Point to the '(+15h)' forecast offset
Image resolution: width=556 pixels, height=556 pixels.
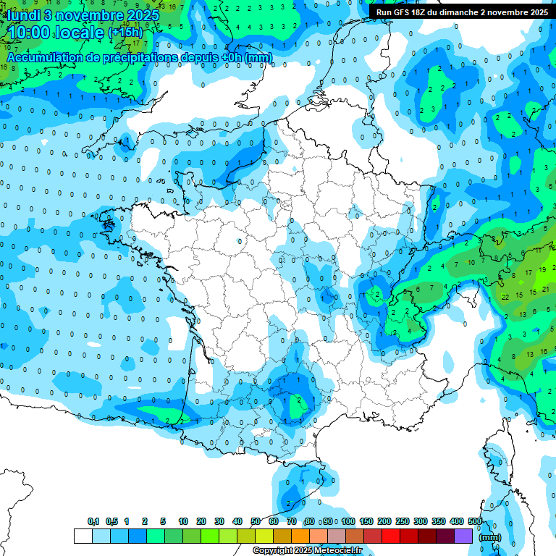click(125, 33)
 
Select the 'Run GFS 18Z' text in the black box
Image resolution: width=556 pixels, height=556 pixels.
click(408, 12)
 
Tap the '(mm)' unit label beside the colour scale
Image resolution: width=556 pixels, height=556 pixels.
click(490, 537)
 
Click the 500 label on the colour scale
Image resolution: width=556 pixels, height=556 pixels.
click(475, 521)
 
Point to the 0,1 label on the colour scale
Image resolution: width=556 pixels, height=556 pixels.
click(93, 521)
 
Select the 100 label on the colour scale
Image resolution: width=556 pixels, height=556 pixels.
click(347, 521)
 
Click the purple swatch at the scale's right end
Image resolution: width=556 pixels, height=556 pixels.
click(463, 536)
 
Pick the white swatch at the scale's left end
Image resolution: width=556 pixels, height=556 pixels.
click(83, 536)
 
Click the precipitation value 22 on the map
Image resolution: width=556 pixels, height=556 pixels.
click(505, 297)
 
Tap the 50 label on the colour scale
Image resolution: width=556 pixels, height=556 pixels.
click(256, 521)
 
